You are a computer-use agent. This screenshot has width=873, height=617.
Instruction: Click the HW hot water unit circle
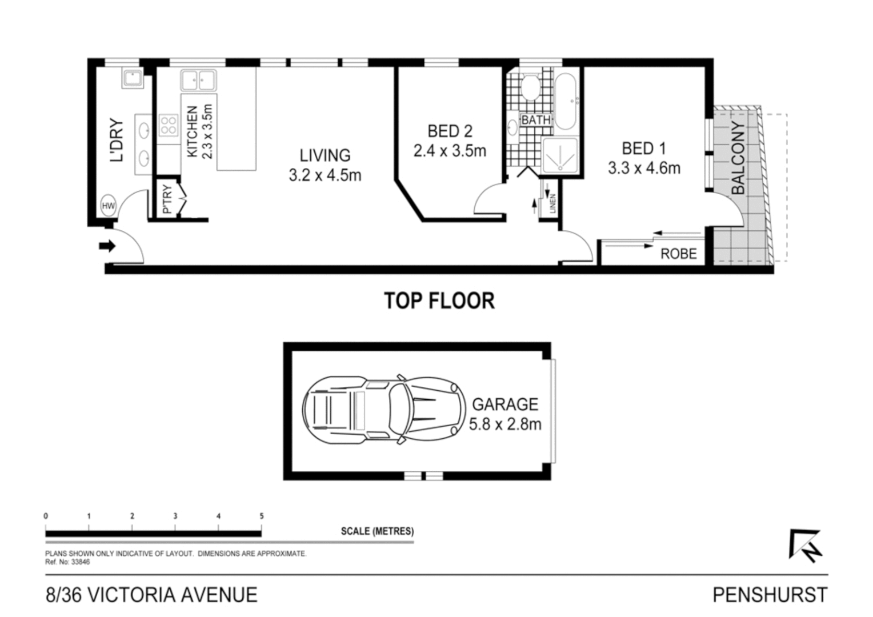click(x=108, y=206)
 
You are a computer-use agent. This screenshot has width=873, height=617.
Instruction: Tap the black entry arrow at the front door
click(x=107, y=246)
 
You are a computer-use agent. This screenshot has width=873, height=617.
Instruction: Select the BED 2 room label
click(x=450, y=131)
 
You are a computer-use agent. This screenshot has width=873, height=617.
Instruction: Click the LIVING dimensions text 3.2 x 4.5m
click(x=325, y=175)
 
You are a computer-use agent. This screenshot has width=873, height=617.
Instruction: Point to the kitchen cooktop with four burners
click(x=168, y=125)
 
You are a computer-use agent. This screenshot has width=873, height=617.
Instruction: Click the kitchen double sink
click(x=198, y=81)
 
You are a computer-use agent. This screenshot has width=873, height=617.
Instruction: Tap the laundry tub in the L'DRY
click(x=133, y=78)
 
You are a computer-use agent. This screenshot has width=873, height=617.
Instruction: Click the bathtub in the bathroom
click(x=568, y=101)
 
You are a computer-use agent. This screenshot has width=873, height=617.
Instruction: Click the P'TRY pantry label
click(x=167, y=199)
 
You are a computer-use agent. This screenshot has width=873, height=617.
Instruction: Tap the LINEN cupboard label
click(x=552, y=204)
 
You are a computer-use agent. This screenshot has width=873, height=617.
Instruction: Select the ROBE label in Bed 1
click(x=678, y=254)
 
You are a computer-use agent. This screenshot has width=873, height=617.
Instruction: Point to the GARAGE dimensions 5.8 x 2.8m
click(x=504, y=424)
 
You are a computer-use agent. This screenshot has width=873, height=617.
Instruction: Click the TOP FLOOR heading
click(x=439, y=301)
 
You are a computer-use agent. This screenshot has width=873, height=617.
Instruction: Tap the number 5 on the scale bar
click(x=262, y=516)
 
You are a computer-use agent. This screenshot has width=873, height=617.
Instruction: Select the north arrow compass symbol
click(x=806, y=546)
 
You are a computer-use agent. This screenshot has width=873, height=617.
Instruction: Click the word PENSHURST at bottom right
click(x=769, y=595)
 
